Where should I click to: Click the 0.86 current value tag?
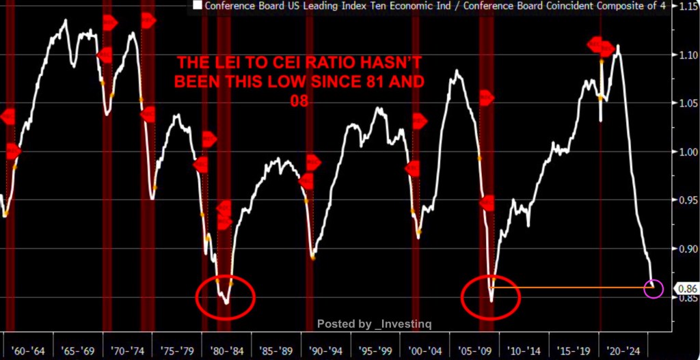tap(686, 288)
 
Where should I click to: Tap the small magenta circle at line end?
tap(654, 288)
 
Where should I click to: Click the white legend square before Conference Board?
tap(198, 6)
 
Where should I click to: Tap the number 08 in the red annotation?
tap(298, 100)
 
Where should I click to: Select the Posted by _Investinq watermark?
tap(374, 323)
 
